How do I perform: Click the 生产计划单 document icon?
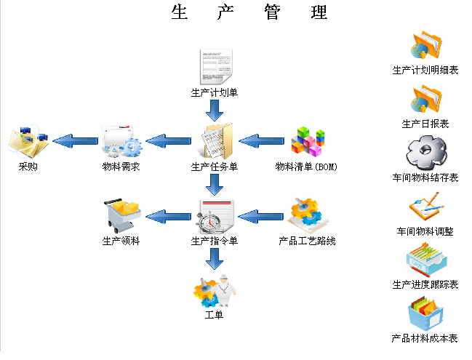point(215,67)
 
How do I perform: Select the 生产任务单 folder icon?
point(216,141)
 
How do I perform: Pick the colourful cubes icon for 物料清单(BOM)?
point(307,141)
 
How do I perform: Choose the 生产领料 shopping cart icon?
point(121,215)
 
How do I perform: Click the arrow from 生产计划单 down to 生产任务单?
point(214,111)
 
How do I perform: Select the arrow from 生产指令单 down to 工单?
point(214,259)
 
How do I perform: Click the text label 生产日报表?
point(425,124)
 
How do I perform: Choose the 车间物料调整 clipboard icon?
point(425,207)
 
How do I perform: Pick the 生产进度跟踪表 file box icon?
point(425,260)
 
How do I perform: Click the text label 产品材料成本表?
point(425,338)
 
